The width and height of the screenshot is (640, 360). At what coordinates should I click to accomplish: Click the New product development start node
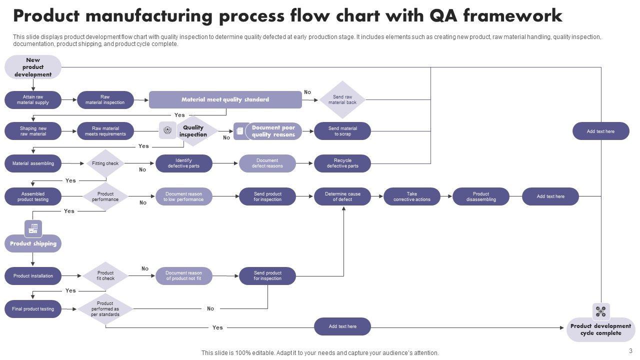click(x=33, y=67)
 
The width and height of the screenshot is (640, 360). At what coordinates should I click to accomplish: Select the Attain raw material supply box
click(x=33, y=100)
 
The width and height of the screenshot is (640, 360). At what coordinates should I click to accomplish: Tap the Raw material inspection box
click(x=105, y=100)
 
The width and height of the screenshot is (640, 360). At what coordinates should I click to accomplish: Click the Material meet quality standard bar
click(x=225, y=99)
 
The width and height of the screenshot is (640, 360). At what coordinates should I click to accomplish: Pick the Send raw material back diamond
click(x=342, y=99)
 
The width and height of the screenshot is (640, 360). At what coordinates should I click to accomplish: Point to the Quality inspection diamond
click(x=193, y=131)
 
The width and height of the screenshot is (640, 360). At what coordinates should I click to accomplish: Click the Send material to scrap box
click(x=342, y=131)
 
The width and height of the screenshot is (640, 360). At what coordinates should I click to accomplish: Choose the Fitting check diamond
click(x=105, y=163)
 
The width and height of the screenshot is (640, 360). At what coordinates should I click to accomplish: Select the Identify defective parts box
click(x=183, y=163)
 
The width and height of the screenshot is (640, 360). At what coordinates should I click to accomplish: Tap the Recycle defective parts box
click(x=342, y=163)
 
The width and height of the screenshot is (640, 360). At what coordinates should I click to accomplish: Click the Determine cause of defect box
click(x=342, y=196)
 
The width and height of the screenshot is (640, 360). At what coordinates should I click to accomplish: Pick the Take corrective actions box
click(x=412, y=196)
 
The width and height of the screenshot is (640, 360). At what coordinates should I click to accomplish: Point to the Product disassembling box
click(x=481, y=196)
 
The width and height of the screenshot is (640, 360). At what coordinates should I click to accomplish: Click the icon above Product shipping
click(x=33, y=228)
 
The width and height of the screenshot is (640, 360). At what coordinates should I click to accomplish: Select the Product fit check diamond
click(x=105, y=276)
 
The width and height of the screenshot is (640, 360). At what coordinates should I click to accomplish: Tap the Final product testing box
click(x=33, y=309)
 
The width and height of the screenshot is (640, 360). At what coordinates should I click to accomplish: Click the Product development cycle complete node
click(x=600, y=329)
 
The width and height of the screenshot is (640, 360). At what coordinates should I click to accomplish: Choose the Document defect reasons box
click(x=267, y=163)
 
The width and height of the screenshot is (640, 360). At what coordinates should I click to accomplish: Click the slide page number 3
click(x=631, y=351)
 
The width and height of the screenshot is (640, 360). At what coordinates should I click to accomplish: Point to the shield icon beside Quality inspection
click(x=167, y=130)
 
